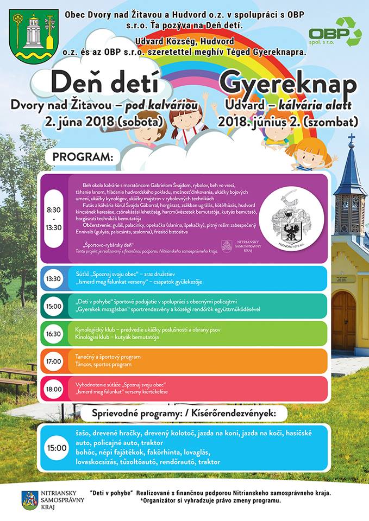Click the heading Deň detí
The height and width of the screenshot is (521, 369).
pyautogui.click(x=105, y=84)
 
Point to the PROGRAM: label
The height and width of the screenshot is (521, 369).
pyautogui.click(x=83, y=157)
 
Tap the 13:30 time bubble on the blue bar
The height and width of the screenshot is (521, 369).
pyautogui.click(x=53, y=278)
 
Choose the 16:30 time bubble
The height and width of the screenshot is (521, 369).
pyautogui.click(x=53, y=334)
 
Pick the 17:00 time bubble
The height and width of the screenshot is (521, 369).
pyautogui.click(x=53, y=361)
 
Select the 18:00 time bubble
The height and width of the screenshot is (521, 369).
pyautogui.click(x=53, y=389)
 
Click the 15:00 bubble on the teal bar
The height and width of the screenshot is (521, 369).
pyautogui.click(x=53, y=306)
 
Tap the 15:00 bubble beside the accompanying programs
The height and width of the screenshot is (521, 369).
pyautogui.click(x=57, y=448)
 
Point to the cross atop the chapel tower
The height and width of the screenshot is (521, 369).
pyautogui.click(x=351, y=138)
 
